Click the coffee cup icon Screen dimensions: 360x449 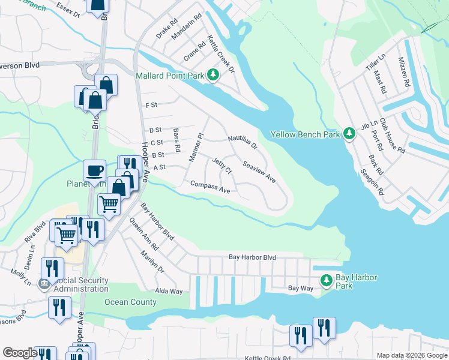94,170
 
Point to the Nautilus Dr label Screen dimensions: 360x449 243,142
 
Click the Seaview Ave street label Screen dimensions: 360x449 259,172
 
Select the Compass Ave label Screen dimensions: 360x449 210,187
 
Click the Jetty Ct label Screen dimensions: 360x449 222,166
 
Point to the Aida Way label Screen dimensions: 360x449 169,291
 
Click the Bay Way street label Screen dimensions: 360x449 301,289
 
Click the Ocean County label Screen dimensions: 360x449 130,302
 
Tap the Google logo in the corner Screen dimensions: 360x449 20,353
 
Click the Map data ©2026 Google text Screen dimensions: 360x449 411,355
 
